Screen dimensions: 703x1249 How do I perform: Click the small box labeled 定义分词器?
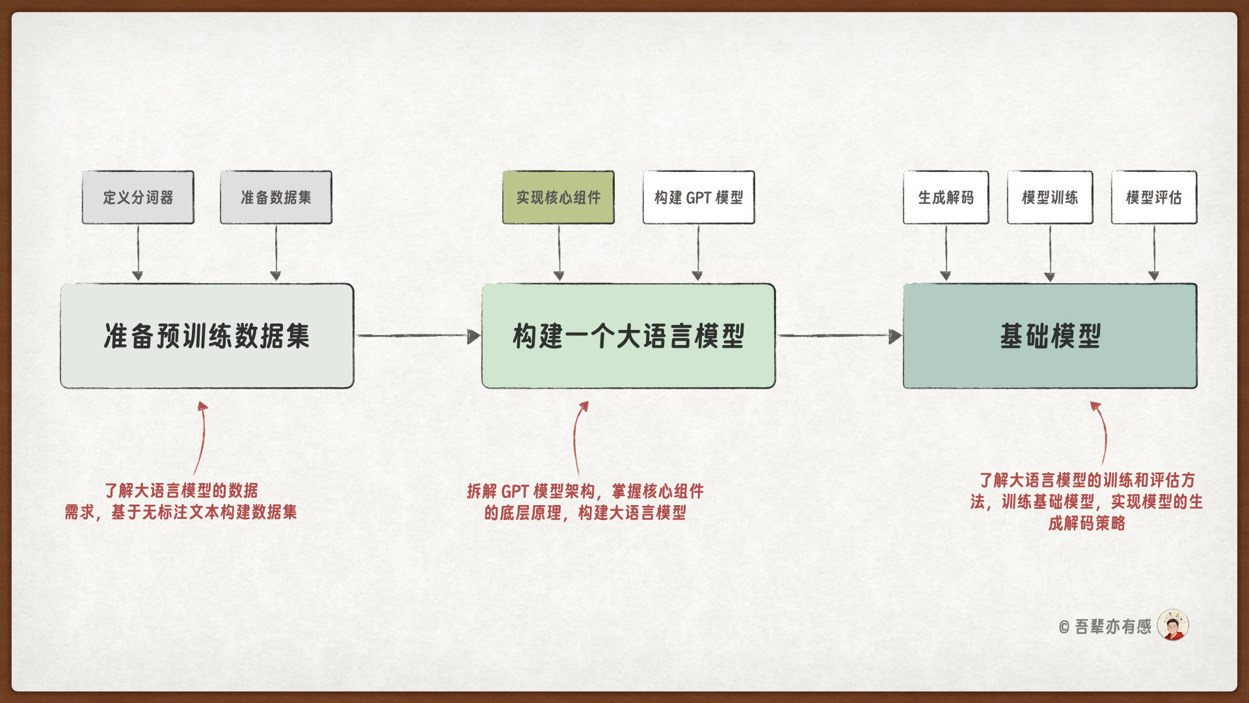click(138, 197)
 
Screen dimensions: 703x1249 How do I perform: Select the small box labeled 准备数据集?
click(276, 197)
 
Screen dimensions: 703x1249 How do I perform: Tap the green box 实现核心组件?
click(558, 197)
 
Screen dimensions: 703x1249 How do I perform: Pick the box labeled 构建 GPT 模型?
click(699, 197)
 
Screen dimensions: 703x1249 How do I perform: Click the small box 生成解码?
click(946, 197)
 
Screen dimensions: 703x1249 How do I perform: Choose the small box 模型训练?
click(1050, 197)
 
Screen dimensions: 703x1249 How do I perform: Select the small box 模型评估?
click(1154, 197)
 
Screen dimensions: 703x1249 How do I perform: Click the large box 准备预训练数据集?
click(207, 336)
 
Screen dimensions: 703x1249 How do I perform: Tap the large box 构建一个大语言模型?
click(628, 336)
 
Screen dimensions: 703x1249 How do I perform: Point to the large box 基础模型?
click(1050, 336)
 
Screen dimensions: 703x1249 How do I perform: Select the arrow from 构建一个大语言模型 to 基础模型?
click(839, 336)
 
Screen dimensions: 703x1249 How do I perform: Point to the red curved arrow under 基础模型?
click(1102, 432)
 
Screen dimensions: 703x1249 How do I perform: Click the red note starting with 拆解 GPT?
click(585, 502)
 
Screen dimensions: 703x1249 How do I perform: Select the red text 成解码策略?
click(1086, 523)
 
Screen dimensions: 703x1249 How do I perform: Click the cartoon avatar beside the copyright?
click(1173, 626)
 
